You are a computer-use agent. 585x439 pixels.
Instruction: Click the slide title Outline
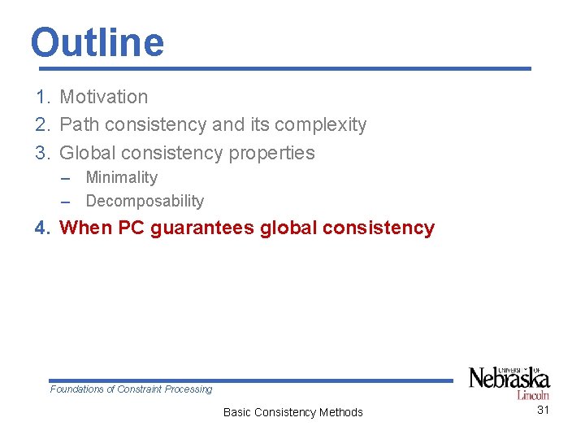click(x=97, y=42)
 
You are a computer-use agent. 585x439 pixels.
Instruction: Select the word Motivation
click(x=104, y=97)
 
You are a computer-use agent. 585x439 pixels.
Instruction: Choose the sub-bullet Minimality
click(x=121, y=177)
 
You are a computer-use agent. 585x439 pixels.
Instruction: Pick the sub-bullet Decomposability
click(x=145, y=201)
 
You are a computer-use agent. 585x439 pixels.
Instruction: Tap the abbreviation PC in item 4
click(x=131, y=228)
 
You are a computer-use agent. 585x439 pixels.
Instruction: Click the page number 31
click(x=543, y=410)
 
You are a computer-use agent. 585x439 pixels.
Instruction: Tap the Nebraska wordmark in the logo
click(x=509, y=379)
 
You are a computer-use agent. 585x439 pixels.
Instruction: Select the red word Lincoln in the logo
click(x=533, y=395)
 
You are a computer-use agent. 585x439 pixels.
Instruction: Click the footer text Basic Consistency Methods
click(x=292, y=412)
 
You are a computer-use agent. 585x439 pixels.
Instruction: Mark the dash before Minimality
click(x=69, y=177)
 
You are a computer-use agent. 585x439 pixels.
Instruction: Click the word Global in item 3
click(x=87, y=153)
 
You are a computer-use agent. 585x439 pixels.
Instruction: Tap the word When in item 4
click(x=86, y=228)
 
